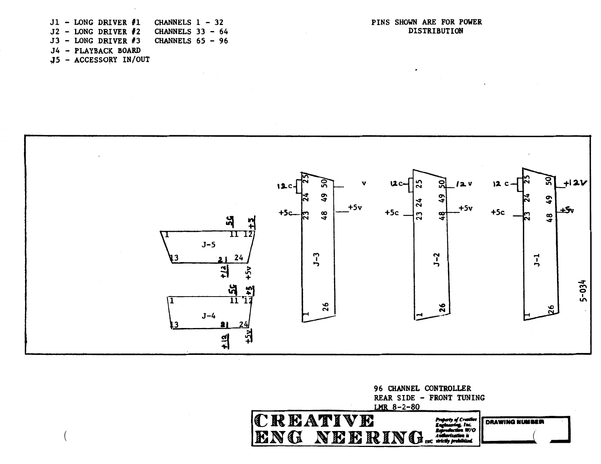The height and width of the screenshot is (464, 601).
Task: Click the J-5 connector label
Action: (208, 245)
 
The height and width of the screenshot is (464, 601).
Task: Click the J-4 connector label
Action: (208, 316)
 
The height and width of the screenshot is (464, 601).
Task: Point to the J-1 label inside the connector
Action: (536, 260)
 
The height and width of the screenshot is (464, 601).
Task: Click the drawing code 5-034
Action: (584, 291)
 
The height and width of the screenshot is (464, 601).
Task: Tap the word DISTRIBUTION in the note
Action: (435, 31)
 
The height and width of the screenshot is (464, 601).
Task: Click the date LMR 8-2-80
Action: (397, 407)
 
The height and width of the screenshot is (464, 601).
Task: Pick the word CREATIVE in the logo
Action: (314, 421)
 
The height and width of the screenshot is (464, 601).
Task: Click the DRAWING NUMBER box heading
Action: (515, 422)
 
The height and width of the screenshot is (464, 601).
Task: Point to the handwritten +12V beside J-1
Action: (575, 183)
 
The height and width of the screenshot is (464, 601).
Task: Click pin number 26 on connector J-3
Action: (325, 306)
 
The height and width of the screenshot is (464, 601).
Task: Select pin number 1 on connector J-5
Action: (167, 235)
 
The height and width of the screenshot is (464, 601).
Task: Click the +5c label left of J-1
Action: (497, 212)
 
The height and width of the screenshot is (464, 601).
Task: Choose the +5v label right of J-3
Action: (355, 208)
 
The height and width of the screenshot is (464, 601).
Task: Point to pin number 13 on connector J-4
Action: (174, 325)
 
